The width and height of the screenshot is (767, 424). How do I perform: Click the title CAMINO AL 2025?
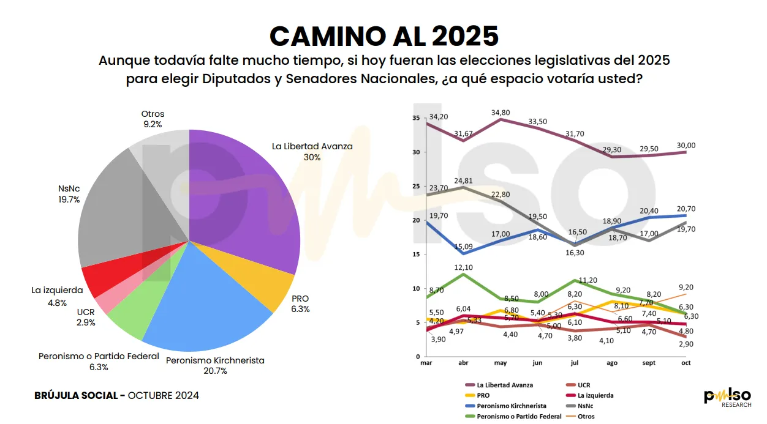click(383, 36)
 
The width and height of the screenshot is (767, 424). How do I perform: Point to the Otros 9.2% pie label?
click(153, 119)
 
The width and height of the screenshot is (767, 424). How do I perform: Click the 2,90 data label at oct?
click(686, 344)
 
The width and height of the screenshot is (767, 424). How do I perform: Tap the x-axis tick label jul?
click(575, 363)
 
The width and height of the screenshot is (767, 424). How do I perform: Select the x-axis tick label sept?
click(649, 363)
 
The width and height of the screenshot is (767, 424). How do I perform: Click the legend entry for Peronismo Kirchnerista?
click(511, 406)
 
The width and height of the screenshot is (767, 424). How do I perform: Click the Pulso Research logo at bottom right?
click(727, 398)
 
